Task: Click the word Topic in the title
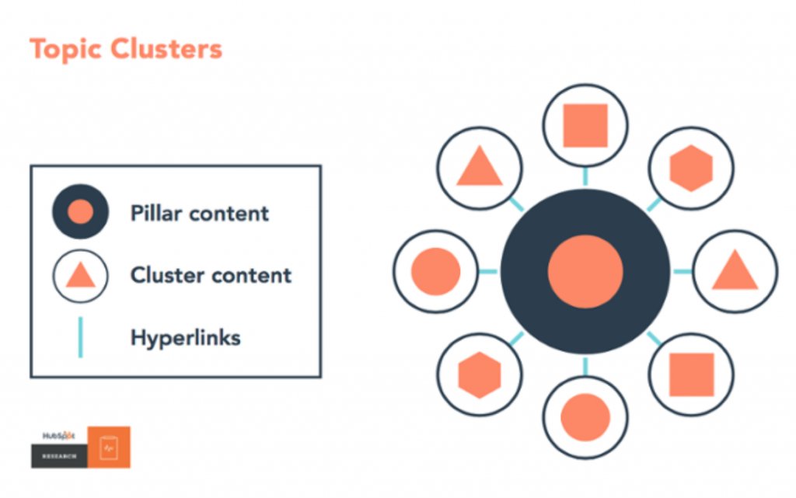tap(65, 50)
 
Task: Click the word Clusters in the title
tap(166, 50)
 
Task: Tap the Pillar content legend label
tap(200, 213)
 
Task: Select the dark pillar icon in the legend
tap(80, 211)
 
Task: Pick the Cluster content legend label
tap(211, 275)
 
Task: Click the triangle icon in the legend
tap(80, 275)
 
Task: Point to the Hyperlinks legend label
tap(186, 338)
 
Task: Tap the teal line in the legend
tap(80, 338)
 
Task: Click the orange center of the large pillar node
tap(585, 271)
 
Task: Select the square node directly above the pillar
tap(585, 126)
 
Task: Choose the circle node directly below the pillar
tap(585, 417)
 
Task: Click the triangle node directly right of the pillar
tap(735, 272)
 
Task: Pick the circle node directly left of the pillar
tap(435, 271)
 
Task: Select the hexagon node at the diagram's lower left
tap(480, 375)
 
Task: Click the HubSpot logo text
tap(58, 436)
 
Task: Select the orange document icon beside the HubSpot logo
tap(109, 447)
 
